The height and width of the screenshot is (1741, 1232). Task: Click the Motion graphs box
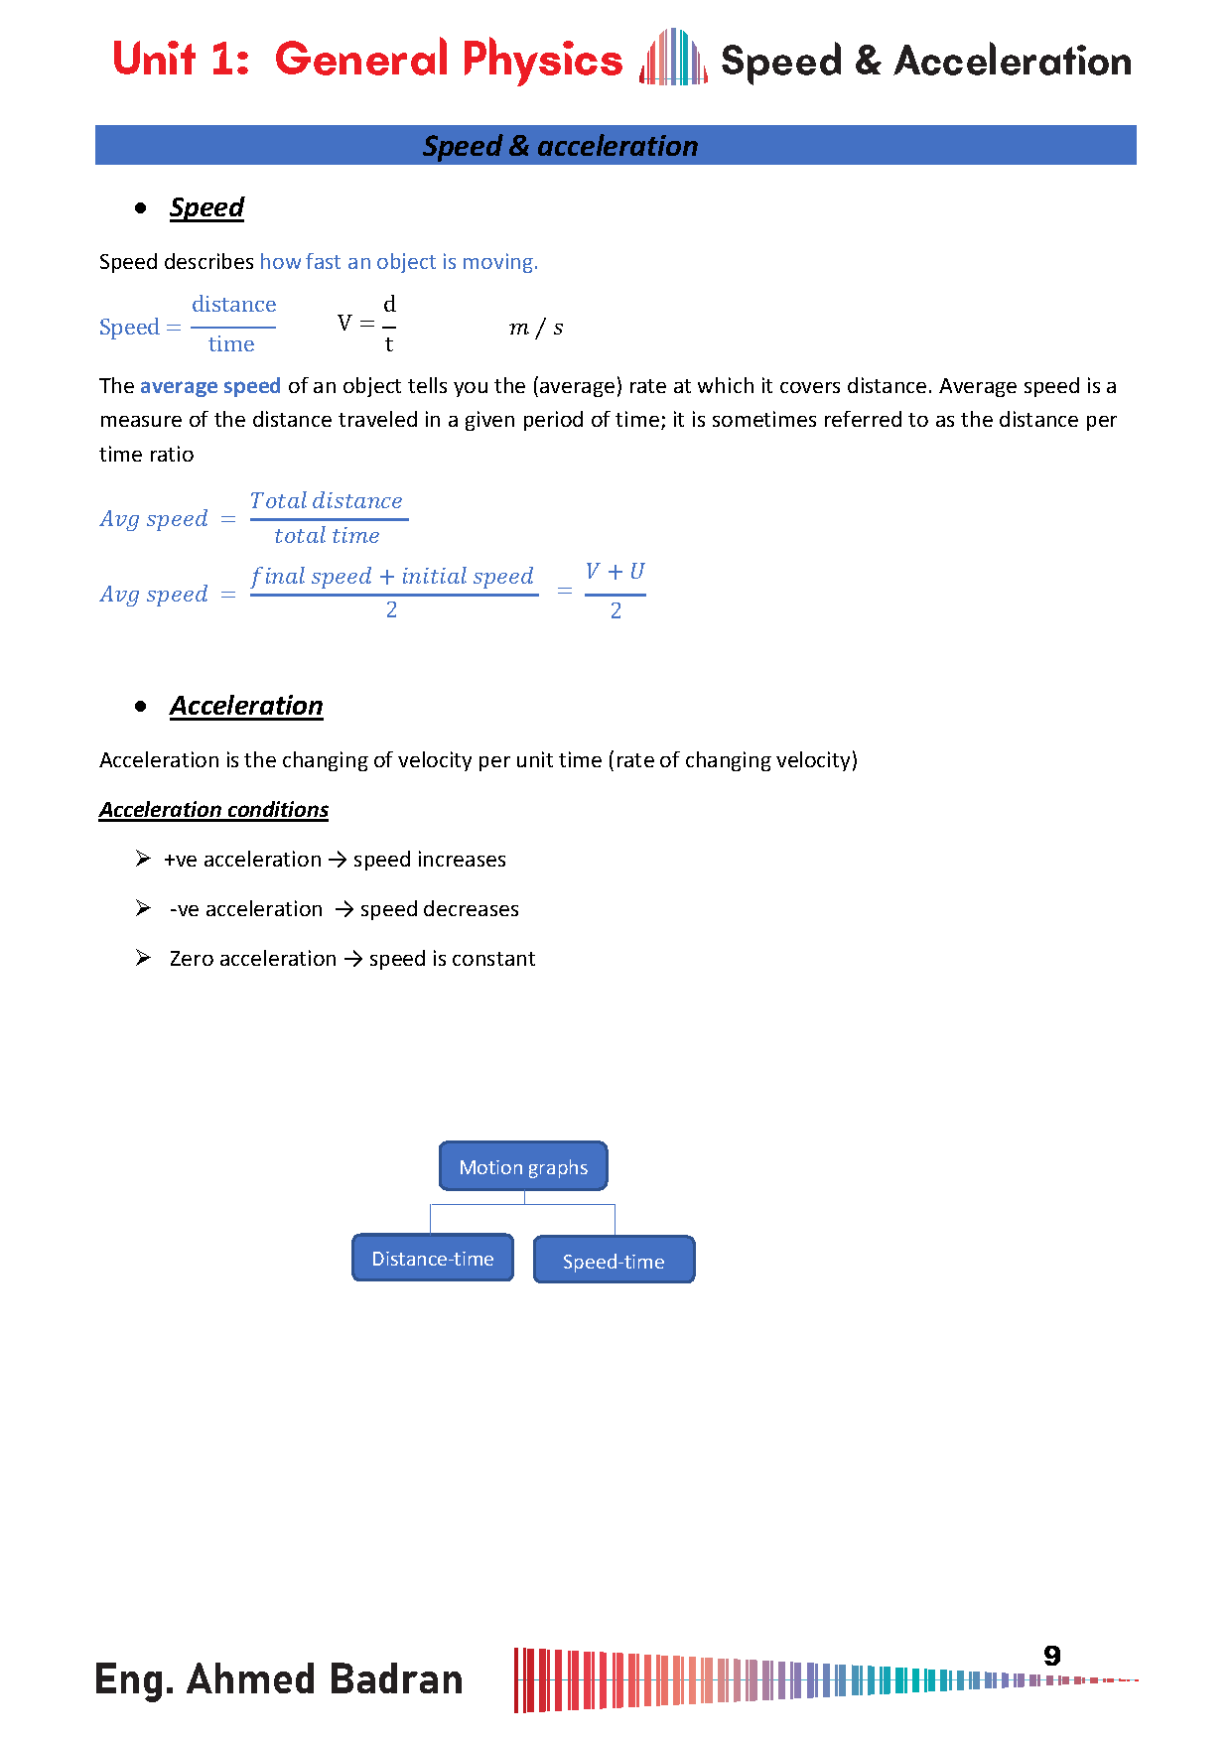point(523,1166)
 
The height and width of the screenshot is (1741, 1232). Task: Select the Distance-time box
point(433,1259)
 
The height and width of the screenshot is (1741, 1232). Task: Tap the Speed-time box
point(614,1261)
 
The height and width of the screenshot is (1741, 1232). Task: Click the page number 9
point(1052,1656)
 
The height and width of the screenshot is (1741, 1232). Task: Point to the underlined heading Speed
point(206,207)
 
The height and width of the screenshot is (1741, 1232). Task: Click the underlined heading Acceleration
point(246,706)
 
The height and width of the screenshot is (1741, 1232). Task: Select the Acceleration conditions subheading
point(213,810)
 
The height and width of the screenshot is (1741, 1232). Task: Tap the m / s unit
point(536,328)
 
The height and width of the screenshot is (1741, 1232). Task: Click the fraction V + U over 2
point(616,592)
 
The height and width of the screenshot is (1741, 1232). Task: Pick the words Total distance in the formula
point(327,501)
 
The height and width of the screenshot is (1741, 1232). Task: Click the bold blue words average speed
point(210,386)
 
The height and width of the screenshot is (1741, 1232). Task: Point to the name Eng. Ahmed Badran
point(279,1679)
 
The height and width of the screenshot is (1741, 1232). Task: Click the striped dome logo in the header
point(673,58)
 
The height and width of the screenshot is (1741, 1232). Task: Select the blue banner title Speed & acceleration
point(561,146)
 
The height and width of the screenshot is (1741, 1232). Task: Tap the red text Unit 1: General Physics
point(367,60)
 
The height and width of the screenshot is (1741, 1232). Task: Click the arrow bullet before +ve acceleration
point(143,859)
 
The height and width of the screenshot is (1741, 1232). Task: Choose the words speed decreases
point(439,909)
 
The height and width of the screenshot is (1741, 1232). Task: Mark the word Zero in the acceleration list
point(192,959)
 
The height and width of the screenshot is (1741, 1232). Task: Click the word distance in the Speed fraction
point(234,305)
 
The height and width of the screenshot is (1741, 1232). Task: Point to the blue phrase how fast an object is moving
point(398,262)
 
